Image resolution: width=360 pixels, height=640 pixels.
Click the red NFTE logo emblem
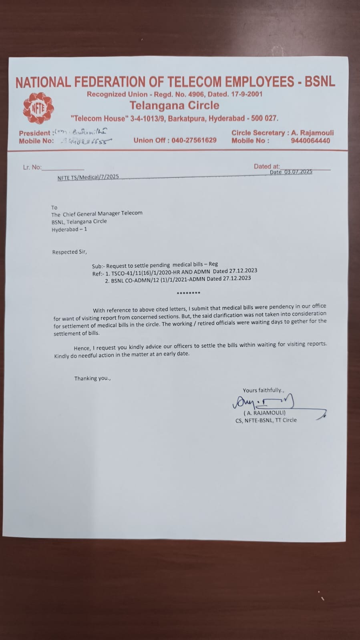(x=38, y=108)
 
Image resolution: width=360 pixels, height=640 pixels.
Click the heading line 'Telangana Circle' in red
(x=174, y=106)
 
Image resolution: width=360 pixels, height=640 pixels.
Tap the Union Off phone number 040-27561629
(x=194, y=140)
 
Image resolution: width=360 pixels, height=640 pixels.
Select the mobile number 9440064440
(x=310, y=140)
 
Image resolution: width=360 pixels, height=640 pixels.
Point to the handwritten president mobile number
(x=86, y=141)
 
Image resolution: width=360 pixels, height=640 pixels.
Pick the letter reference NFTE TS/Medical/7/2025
(x=88, y=177)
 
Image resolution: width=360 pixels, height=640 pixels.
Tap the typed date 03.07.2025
(x=298, y=172)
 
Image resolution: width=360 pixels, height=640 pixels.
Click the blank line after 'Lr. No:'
(x=63, y=168)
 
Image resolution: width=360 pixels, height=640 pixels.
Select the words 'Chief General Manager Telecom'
(x=103, y=213)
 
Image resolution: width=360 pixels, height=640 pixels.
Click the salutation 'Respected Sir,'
(x=69, y=252)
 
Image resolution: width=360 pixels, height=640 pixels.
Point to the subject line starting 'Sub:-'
(x=155, y=265)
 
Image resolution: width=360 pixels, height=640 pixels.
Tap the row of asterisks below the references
(x=188, y=293)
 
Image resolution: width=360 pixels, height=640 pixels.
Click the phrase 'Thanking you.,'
(x=92, y=378)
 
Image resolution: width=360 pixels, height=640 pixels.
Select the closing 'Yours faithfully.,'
(x=263, y=390)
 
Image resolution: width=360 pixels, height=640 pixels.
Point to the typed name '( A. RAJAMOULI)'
(x=264, y=413)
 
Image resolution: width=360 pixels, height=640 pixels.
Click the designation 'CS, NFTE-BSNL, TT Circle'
(x=266, y=420)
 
